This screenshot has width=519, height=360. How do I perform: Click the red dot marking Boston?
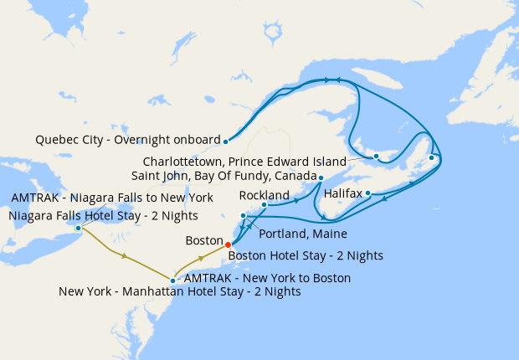pyautogui.click(x=229, y=244)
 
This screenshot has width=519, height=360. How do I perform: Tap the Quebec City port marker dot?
pyautogui.click(x=226, y=141)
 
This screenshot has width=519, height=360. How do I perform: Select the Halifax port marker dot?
pyautogui.click(x=368, y=193)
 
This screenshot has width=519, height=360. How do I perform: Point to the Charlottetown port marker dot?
pyautogui.click(x=377, y=157)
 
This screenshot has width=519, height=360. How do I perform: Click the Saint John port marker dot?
pyautogui.click(x=321, y=177)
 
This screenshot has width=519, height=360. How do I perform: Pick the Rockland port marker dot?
pyautogui.click(x=264, y=204)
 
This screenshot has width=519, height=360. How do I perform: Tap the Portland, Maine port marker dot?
pyautogui.click(x=244, y=216)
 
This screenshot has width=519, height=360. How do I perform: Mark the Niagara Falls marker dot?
pyautogui.click(x=78, y=228)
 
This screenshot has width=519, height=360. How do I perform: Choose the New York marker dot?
pyautogui.click(x=172, y=281)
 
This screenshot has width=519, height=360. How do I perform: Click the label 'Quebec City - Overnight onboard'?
pyautogui.click(x=128, y=140)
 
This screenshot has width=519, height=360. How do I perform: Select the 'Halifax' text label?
pyautogui.click(x=342, y=193)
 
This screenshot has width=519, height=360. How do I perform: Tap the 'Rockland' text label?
pyautogui.click(x=265, y=194)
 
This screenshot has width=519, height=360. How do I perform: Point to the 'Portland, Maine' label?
pyautogui.click(x=303, y=234)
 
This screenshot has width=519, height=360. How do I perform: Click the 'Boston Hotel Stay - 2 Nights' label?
pyautogui.click(x=306, y=255)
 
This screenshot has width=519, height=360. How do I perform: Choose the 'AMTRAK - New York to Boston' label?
pyautogui.click(x=266, y=277)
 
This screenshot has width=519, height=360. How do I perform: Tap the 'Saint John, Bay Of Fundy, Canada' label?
pyautogui.click(x=224, y=177)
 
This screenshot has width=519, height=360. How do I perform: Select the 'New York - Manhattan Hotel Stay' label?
pyautogui.click(x=180, y=292)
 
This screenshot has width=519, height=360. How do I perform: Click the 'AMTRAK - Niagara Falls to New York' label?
pyautogui.click(x=112, y=198)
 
